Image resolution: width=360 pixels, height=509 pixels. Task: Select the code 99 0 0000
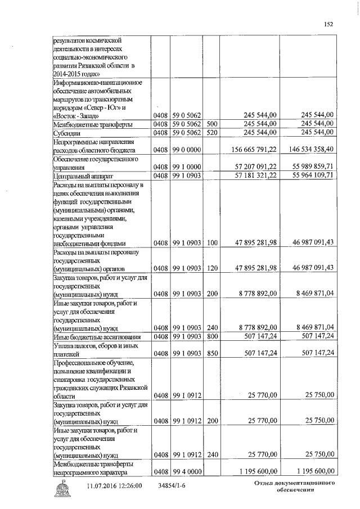pyautogui.click(x=187, y=150)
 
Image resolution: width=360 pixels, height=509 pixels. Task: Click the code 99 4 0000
pyautogui.click(x=187, y=471)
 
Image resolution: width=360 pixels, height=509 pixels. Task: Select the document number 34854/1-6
pyautogui.click(x=174, y=485)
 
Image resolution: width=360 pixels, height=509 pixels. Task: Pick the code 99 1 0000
pyautogui.click(x=187, y=168)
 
